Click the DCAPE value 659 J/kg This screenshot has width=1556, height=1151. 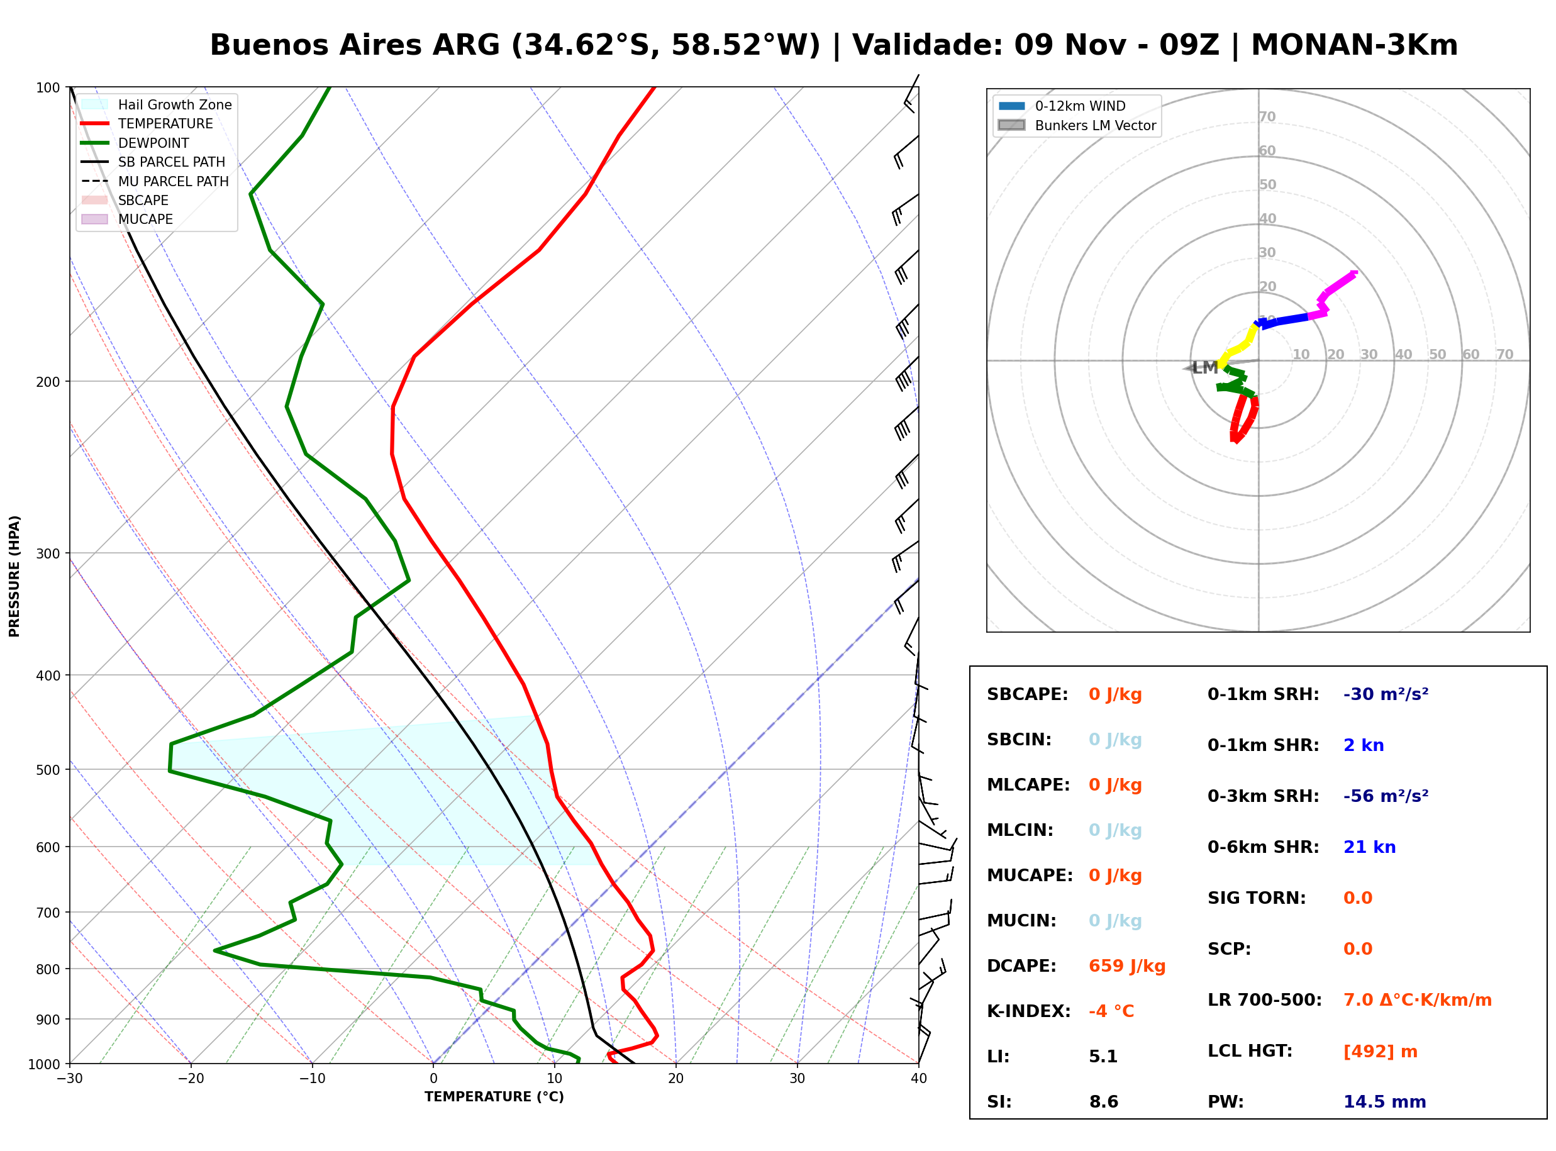1127,965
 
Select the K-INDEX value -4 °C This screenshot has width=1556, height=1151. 1111,1011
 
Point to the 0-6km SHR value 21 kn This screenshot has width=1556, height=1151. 1369,847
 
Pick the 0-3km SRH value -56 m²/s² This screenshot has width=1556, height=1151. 1386,796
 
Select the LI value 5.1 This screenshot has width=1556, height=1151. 1103,1056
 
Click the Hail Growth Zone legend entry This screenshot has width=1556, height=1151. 157,104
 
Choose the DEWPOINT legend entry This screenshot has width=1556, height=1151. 135,143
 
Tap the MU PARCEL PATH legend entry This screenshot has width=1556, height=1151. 155,181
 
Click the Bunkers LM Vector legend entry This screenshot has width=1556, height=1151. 1077,125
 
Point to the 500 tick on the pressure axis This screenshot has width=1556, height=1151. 47,769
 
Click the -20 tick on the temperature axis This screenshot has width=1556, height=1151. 191,1079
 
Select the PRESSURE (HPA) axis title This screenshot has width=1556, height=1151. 14,575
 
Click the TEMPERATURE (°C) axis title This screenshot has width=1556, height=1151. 494,1097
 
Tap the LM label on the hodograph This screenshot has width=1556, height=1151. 1205,367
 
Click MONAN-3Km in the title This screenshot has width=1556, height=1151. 1354,45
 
